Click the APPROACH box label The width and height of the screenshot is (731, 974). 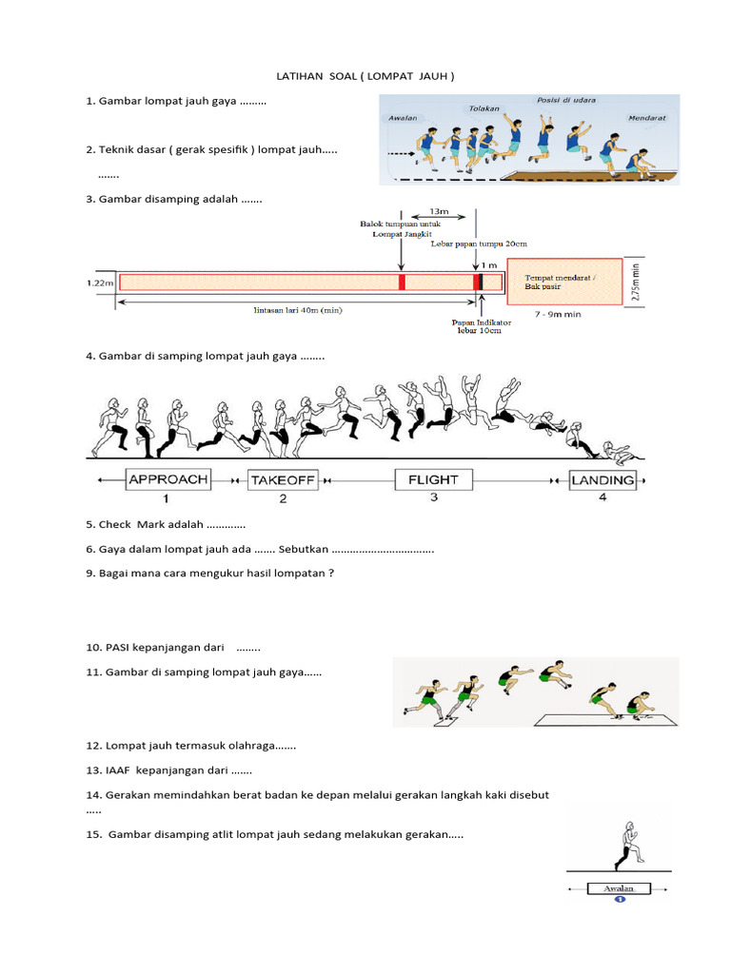click(x=168, y=479)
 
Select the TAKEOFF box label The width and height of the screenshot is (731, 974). click(x=282, y=480)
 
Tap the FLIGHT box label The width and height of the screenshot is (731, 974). click(x=433, y=479)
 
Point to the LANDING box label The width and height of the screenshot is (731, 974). click(x=603, y=480)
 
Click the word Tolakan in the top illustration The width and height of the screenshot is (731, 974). click(x=484, y=108)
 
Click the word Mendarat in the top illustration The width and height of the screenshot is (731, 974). click(x=647, y=119)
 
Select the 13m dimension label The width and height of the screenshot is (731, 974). click(x=439, y=210)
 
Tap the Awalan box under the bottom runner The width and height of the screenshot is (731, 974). click(x=619, y=888)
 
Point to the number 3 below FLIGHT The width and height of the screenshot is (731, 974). click(x=433, y=497)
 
